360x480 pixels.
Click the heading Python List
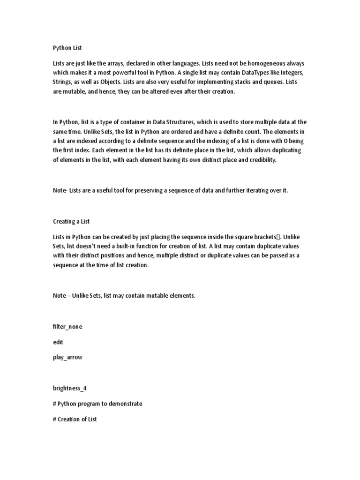click(67, 47)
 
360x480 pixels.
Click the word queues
click(268, 82)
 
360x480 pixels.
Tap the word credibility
click(267, 160)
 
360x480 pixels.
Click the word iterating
click(254, 191)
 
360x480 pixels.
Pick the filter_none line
click(67, 326)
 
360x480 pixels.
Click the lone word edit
click(58, 342)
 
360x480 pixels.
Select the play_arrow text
click(67, 357)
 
